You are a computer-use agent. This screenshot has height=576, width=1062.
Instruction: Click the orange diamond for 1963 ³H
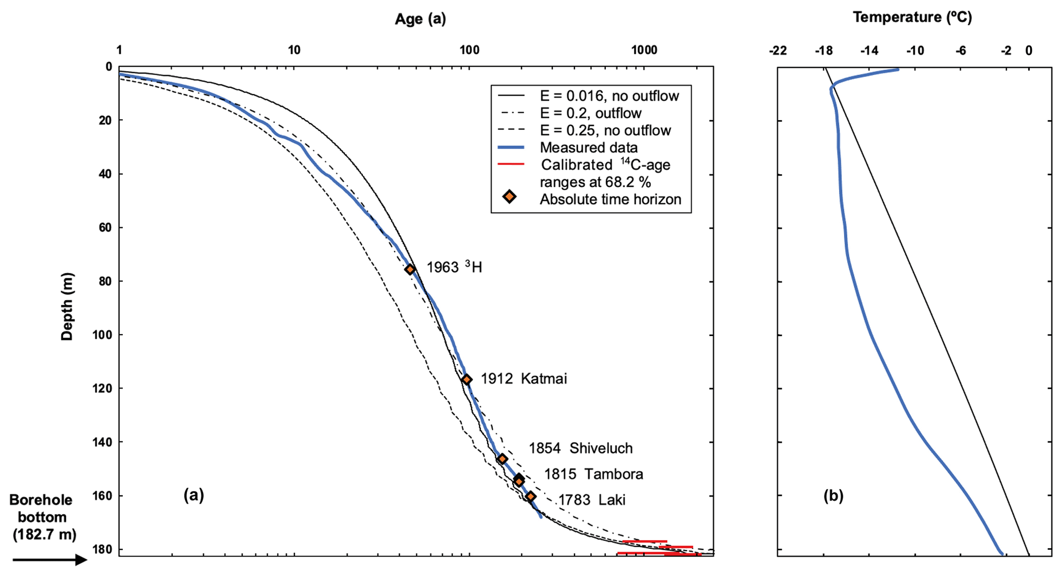410,269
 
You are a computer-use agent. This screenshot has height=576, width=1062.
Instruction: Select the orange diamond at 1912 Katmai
467,379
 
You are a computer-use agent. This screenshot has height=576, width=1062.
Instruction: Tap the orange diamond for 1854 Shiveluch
502,459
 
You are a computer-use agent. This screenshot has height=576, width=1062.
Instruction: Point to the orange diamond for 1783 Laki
531,496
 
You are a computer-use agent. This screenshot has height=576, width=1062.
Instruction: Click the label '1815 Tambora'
593,474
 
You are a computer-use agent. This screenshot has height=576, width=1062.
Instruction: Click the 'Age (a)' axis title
420,19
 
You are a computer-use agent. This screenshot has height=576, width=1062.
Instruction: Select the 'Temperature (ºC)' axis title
912,17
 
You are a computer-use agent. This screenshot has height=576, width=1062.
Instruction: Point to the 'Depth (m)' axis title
67,306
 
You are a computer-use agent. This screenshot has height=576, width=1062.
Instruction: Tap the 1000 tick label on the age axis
644,50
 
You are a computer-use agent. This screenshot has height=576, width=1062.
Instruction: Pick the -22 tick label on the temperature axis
778,51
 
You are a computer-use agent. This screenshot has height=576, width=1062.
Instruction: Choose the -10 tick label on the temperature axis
915,51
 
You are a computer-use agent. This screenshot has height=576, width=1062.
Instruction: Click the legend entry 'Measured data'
588,147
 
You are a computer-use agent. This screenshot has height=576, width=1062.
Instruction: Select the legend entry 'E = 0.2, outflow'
590,113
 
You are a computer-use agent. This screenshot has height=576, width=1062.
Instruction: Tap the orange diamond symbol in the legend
509,197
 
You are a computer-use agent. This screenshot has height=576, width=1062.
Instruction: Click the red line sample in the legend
511,164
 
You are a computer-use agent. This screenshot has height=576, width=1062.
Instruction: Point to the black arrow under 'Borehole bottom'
49,559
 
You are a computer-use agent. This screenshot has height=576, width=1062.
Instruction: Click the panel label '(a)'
194,495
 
